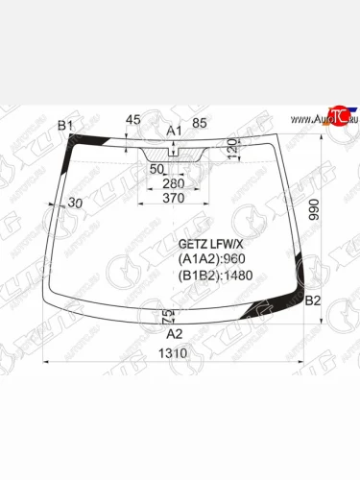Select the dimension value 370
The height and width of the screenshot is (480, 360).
174,197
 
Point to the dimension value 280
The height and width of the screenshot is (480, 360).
174,182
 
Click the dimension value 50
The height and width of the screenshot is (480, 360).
156,168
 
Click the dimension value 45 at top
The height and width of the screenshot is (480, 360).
133,120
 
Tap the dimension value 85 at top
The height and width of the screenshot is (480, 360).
200,122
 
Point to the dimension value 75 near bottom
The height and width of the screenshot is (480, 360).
165,316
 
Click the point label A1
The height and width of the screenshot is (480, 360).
174,130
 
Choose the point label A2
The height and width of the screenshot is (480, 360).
175,334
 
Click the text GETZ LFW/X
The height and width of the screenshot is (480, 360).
206,244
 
